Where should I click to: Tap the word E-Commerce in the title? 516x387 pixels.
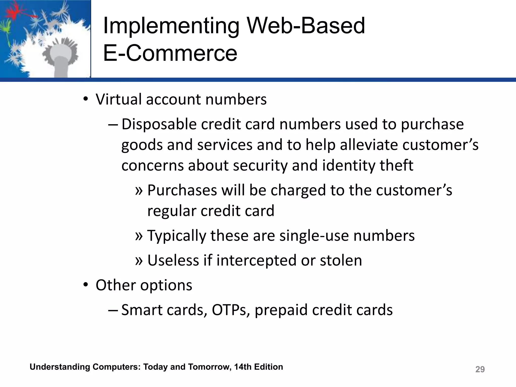170,53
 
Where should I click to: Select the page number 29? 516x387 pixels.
480,369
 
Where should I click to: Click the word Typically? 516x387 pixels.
176,236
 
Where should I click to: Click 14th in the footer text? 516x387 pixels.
243,367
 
